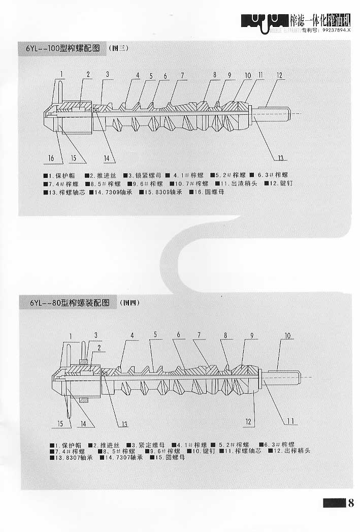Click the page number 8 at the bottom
coord(350,504)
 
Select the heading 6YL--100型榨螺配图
coord(66,49)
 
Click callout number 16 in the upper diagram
coord(51,158)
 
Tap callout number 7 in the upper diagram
coord(182,75)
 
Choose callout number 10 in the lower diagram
coord(287,336)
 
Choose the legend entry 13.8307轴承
coord(72,458)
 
